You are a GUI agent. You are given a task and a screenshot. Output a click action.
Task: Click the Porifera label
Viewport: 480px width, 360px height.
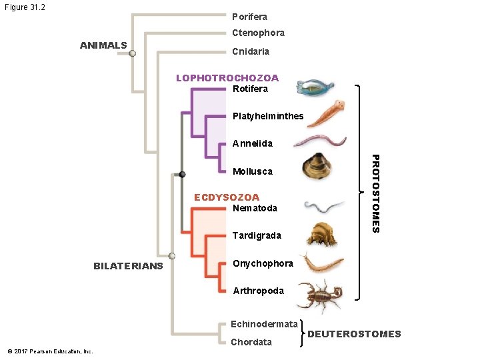pyautogui.click(x=249, y=16)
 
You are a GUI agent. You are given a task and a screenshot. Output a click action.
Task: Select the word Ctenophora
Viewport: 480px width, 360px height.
pyautogui.click(x=258, y=33)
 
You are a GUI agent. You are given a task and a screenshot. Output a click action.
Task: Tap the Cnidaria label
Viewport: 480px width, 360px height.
pyautogui.click(x=251, y=51)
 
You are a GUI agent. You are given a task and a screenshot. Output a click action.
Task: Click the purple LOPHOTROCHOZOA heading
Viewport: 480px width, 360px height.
pyautogui.click(x=227, y=78)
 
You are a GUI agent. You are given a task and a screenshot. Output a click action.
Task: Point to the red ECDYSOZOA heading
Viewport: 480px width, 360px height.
pyautogui.click(x=227, y=197)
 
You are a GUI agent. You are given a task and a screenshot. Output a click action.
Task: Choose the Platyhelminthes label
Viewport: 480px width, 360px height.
pyautogui.click(x=268, y=116)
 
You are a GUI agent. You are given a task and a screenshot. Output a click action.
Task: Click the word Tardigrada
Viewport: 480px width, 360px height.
pyautogui.click(x=257, y=235)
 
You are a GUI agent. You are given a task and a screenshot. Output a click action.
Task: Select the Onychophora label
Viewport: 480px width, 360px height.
pyautogui.click(x=263, y=263)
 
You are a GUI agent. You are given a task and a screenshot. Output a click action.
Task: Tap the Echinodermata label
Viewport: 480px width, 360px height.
pyautogui.click(x=264, y=324)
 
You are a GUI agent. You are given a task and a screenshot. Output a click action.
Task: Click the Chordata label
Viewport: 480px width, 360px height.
pyautogui.click(x=251, y=342)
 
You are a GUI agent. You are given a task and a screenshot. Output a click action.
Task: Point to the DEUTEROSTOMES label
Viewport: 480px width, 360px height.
pyautogui.click(x=356, y=334)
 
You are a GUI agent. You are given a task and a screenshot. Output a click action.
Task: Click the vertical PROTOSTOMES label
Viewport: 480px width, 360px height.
pyautogui.click(x=375, y=193)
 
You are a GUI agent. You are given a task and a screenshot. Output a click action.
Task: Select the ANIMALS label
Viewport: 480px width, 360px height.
pyautogui.click(x=103, y=45)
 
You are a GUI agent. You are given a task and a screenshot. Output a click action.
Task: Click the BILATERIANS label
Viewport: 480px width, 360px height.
pyautogui.click(x=128, y=266)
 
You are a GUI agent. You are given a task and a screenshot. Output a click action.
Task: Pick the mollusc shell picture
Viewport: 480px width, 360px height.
pyautogui.click(x=317, y=168)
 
